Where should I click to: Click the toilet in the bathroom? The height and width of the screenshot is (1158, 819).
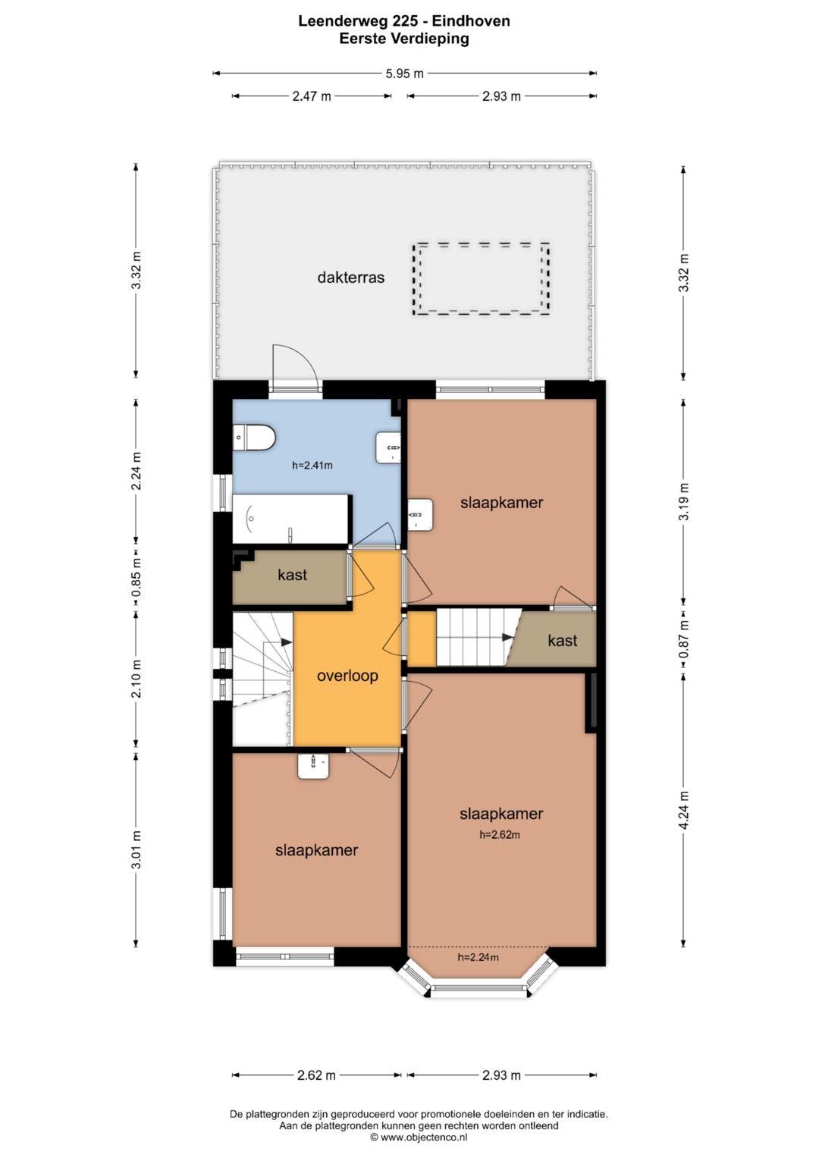(253, 438)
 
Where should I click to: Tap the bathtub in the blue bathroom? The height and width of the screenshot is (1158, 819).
(290, 519)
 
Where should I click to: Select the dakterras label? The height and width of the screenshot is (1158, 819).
(350, 278)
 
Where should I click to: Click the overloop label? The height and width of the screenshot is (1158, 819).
(347, 676)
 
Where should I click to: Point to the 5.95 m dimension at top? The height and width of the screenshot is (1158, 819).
(404, 74)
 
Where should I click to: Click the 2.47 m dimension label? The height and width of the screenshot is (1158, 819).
(312, 96)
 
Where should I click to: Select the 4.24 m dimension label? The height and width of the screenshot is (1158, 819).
(683, 811)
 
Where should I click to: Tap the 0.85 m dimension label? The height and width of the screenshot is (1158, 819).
(136, 576)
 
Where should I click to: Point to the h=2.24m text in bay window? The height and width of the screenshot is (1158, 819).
(478, 958)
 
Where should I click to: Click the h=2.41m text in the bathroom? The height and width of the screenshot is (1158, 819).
(312, 466)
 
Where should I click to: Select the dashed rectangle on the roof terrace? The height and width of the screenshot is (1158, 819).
(480, 278)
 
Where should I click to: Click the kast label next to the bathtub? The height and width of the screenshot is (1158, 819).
(292, 575)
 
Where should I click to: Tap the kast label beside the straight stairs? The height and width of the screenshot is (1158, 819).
(562, 641)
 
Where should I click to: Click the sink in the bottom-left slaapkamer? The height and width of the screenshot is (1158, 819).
(313, 766)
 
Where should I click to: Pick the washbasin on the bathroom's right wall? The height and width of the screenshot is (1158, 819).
(388, 447)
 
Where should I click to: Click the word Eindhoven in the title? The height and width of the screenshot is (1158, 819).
(470, 21)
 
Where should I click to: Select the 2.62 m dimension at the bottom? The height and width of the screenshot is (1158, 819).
(316, 1075)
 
